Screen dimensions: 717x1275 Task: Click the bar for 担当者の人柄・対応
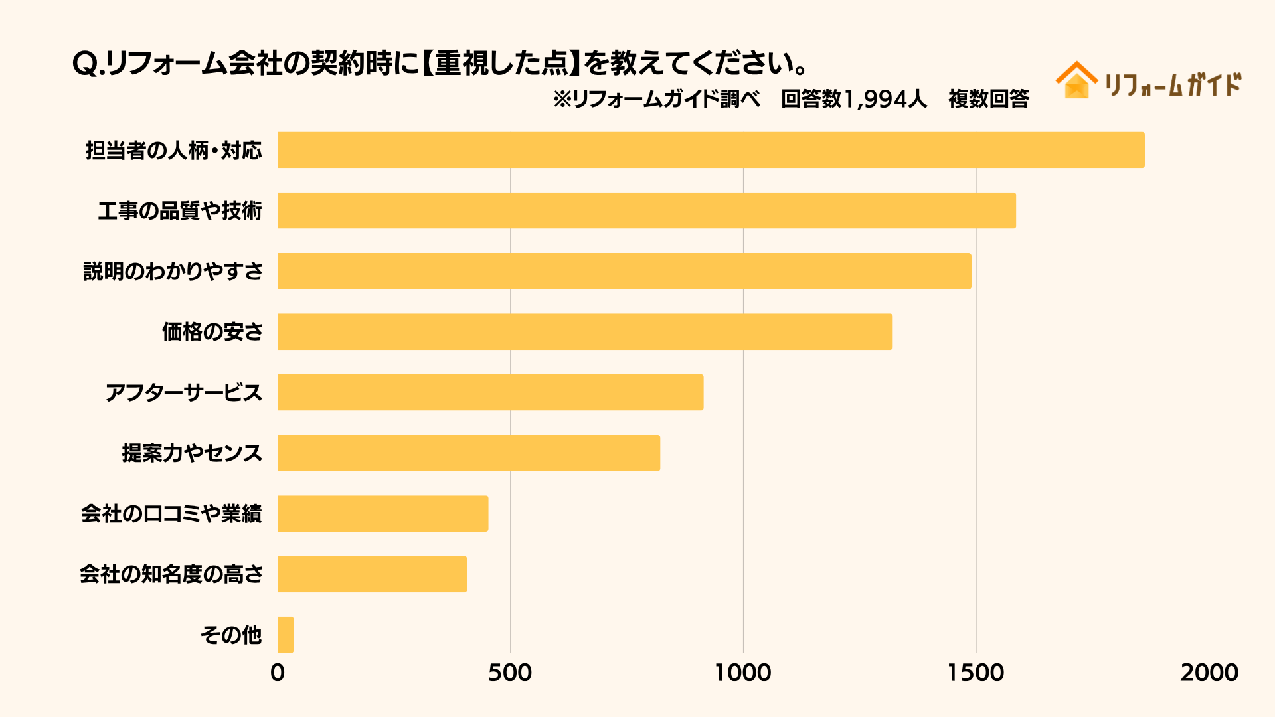coord(711,150)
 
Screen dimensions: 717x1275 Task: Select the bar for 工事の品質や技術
coord(647,210)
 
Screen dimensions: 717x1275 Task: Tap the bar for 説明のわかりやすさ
coord(624,271)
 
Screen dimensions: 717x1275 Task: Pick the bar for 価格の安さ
coord(585,332)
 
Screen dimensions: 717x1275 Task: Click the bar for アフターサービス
coord(490,392)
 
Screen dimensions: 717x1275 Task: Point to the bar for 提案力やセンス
coord(469,453)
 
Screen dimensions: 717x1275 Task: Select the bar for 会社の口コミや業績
coord(382,513)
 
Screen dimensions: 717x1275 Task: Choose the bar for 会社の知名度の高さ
coord(372,574)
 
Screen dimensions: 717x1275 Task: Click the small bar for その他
coord(286,635)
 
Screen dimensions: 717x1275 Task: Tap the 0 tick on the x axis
coord(278,673)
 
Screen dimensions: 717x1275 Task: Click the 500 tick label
coord(510,673)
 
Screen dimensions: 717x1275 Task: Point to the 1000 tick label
coord(742,673)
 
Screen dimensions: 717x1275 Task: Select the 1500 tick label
coord(976,673)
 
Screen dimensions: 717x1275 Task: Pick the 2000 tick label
coord(1209,673)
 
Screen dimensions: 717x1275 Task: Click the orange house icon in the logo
coord(1076,81)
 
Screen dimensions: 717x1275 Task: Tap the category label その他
coord(231,635)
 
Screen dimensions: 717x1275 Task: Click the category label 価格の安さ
coord(212,332)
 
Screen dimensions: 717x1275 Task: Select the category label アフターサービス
coord(184,393)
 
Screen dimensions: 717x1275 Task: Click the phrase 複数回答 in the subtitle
coord(988,100)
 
